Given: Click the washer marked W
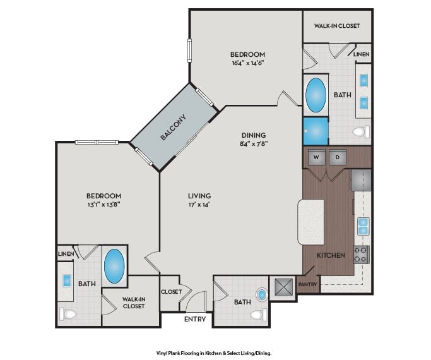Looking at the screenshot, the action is point(316,157).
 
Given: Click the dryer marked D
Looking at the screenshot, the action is point(338,157).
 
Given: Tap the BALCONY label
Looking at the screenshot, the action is point(173,127).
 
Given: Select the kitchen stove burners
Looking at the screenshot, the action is point(361,255).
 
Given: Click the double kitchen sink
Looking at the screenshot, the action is point(363,226).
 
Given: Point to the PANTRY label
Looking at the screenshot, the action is point(307,284).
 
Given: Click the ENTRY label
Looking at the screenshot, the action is point(195,319).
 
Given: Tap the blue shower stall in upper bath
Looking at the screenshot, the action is point(316,131).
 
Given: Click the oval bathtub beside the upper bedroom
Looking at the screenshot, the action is point(316,95).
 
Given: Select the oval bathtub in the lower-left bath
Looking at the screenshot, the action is point(114,267).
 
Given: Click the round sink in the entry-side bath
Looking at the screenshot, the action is point(262,294).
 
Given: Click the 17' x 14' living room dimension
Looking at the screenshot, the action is point(199,205).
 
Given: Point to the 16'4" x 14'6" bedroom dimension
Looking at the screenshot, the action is point(247,63).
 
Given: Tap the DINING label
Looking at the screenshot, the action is point(254,135).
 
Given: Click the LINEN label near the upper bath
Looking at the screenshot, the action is point(361,54).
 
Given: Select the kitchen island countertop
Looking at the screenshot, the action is point(311,222).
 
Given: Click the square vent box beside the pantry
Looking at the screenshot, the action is point(283,287).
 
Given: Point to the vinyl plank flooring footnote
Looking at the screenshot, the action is point(214,353).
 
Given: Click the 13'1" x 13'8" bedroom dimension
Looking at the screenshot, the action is point(104,205).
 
